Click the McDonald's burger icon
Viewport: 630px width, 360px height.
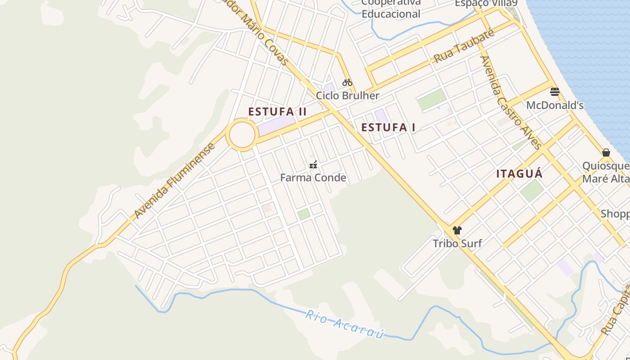coord(554,92)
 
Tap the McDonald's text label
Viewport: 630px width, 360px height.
coord(555,105)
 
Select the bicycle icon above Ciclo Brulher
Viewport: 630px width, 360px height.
coord(347,82)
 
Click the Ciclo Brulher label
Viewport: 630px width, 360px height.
coord(347,95)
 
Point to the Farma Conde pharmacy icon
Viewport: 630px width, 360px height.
coord(313,165)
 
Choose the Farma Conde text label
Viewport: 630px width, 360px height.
coord(313,178)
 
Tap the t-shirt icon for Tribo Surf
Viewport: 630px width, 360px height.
coord(457,230)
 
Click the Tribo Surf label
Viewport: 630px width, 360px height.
coord(457,243)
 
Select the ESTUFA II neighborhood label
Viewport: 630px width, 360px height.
coord(277,112)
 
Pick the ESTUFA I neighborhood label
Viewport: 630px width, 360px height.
coord(388,127)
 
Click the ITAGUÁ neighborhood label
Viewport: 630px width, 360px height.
coord(519,174)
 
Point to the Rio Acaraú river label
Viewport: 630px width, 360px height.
coord(345,324)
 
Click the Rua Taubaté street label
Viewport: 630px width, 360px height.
coord(464,46)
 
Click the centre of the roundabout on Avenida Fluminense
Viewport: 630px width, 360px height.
coord(242,134)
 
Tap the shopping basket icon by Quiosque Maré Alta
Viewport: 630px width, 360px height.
coord(606,153)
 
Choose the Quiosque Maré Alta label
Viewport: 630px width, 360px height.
coord(606,172)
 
